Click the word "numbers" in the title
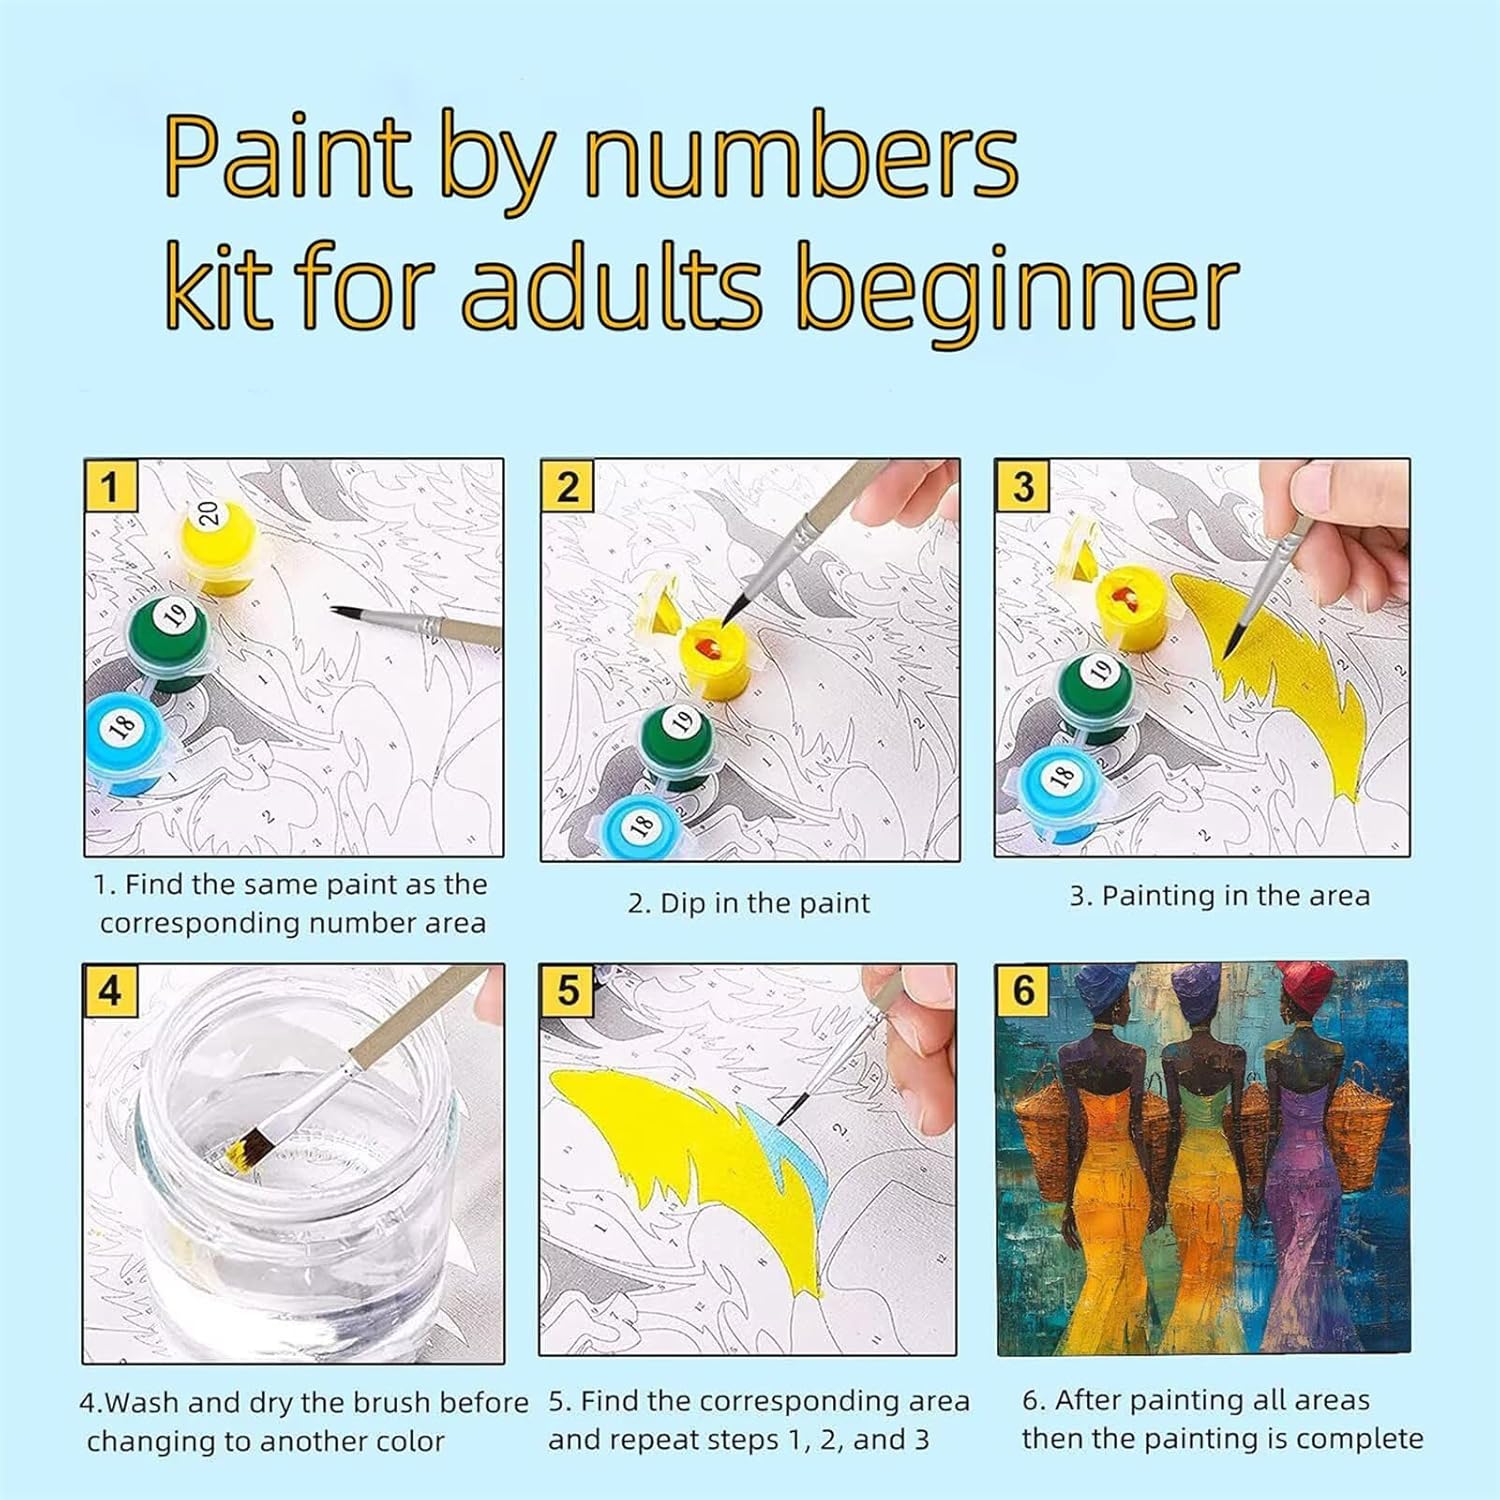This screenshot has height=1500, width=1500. point(801,159)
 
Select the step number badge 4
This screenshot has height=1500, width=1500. point(110,990)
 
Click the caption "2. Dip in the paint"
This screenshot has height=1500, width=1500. point(749,903)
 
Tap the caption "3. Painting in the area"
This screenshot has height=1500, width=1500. point(1220,896)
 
